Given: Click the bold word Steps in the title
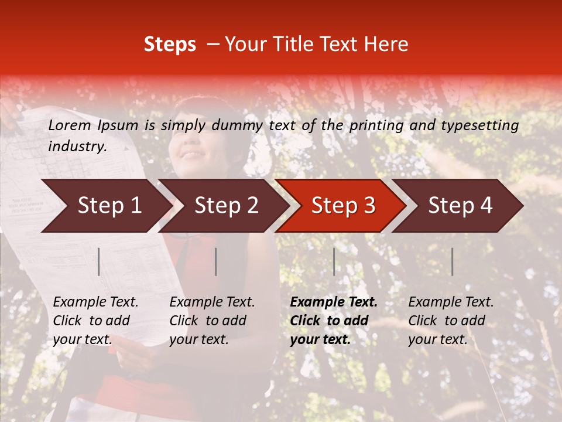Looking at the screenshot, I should [170, 45].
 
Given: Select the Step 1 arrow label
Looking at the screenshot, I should [109, 205].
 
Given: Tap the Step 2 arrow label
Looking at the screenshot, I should [227, 205].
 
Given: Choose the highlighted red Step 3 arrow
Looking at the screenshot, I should [343, 205].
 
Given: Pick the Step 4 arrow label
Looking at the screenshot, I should [460, 205].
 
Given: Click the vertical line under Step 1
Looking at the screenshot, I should [99, 261].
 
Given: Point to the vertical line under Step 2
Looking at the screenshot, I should [216, 261].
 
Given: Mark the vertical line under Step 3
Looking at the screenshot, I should [334, 261].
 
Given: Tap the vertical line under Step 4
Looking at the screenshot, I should [452, 261].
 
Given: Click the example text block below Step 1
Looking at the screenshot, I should [95, 321].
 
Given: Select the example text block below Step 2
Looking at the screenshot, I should [212, 321].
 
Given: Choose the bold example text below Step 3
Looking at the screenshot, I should [334, 321].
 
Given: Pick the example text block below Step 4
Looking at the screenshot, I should [451, 321].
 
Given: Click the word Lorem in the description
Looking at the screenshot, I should [70, 125].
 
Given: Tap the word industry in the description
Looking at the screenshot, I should [77, 147].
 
